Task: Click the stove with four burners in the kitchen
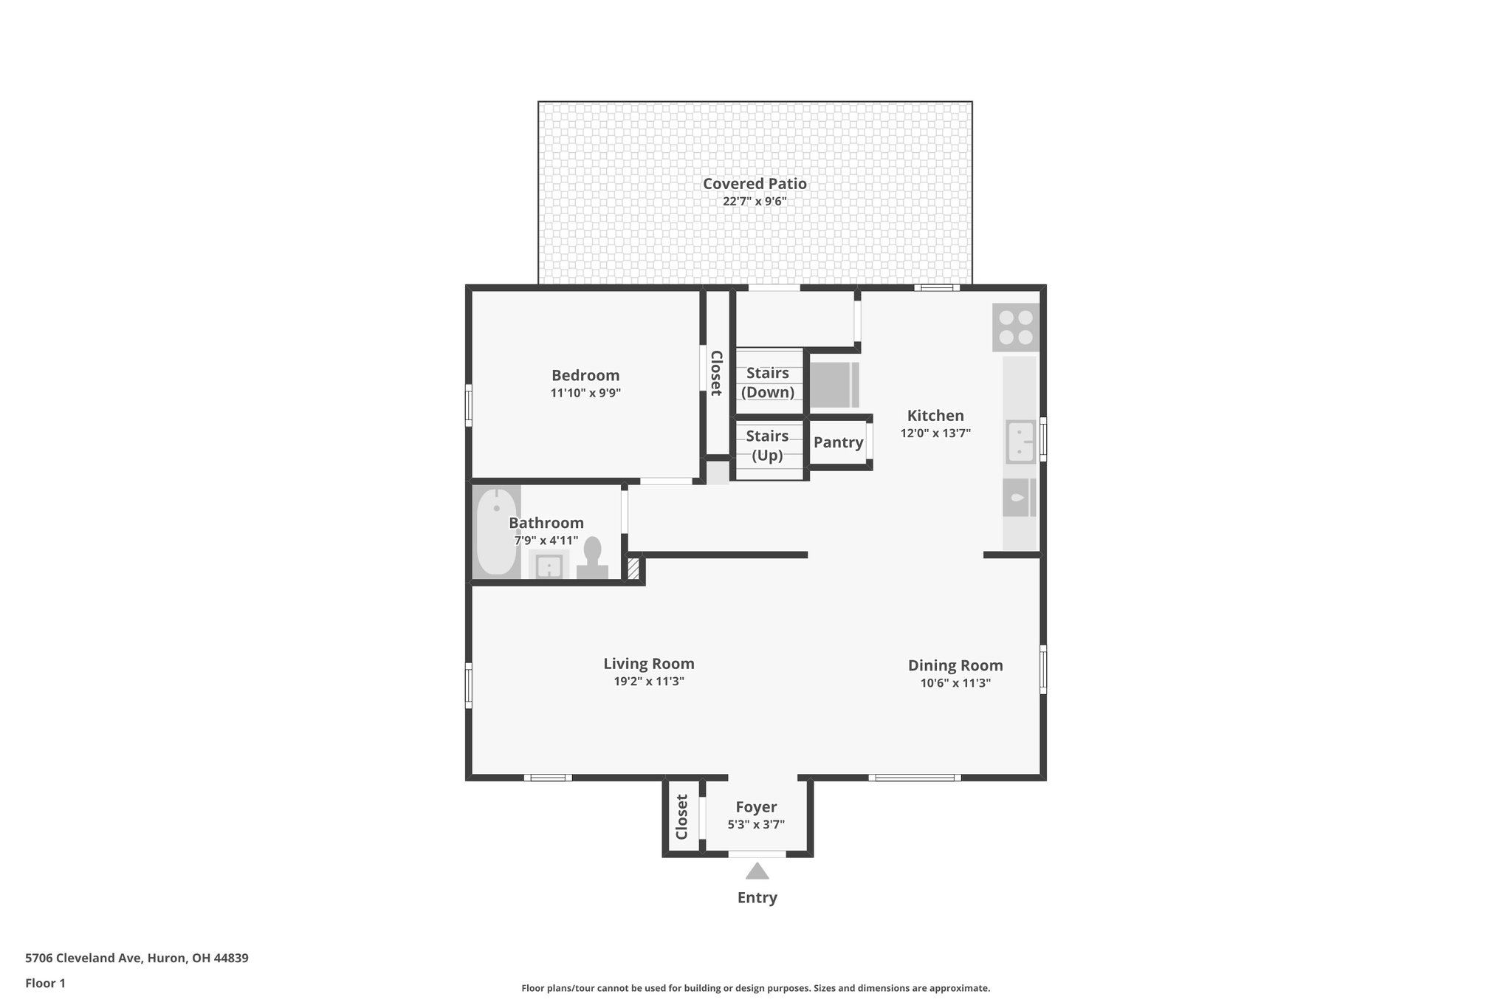pyautogui.click(x=1016, y=327)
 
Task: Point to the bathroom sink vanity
pyautogui.click(x=549, y=566)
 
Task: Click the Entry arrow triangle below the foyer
pyautogui.click(x=757, y=871)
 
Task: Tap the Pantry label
pyautogui.click(x=838, y=442)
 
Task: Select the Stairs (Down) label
pyautogui.click(x=768, y=383)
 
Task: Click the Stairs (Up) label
pyautogui.click(x=767, y=445)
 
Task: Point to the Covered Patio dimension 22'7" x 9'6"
pyautogui.click(x=755, y=201)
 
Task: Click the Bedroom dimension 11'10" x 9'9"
pyautogui.click(x=585, y=393)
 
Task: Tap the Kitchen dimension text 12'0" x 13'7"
pyautogui.click(x=935, y=433)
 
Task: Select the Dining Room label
pyautogui.click(x=955, y=665)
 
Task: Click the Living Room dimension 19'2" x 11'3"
pyautogui.click(x=649, y=682)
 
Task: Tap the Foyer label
pyautogui.click(x=756, y=807)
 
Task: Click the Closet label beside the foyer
pyautogui.click(x=681, y=817)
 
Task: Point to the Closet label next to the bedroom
pyautogui.click(x=715, y=373)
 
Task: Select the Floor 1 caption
pyautogui.click(x=45, y=983)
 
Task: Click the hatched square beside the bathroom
pyautogui.click(x=633, y=569)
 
